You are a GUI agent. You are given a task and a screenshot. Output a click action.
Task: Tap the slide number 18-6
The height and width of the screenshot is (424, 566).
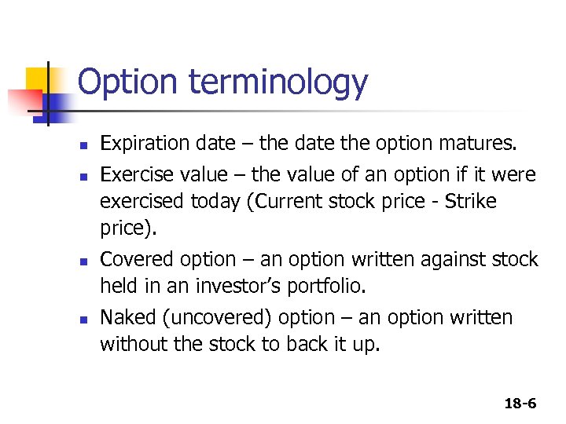520,404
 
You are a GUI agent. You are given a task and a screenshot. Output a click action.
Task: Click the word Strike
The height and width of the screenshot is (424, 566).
470,201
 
